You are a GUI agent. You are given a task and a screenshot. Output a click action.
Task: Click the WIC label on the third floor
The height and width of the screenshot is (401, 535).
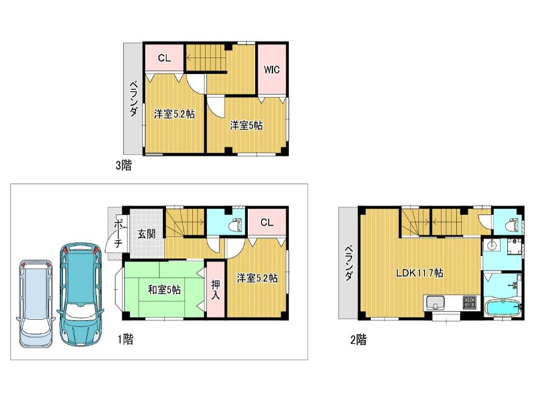tap(272, 70)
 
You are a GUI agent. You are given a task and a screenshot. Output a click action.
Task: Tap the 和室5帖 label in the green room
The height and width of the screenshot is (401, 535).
tap(164, 290)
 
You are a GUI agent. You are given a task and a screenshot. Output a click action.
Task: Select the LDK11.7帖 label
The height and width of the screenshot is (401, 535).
tap(419, 273)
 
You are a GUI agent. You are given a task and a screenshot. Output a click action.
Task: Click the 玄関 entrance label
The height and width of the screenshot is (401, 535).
tap(146, 233)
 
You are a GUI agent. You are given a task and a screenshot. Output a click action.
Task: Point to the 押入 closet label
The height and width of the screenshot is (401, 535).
tap(215, 289)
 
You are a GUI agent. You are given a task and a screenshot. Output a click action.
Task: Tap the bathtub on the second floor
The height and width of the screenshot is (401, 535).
tap(503, 308)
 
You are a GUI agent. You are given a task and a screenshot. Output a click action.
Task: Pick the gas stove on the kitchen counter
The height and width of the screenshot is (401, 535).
tap(469, 303)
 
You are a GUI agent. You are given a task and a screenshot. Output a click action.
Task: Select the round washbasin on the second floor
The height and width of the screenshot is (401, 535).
tap(492, 245)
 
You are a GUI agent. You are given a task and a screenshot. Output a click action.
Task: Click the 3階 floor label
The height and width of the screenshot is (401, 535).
tap(124, 166)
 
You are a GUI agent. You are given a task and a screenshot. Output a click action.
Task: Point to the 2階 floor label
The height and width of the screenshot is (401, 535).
tap(358, 340)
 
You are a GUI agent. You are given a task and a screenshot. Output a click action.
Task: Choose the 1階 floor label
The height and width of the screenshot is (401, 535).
tap(126, 340)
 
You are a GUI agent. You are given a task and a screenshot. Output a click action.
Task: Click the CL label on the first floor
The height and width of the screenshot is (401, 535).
tap(267, 223)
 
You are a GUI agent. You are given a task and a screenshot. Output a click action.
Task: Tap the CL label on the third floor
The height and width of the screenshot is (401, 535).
tap(164, 58)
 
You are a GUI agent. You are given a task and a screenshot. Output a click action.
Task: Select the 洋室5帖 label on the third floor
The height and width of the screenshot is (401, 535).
tap(246, 126)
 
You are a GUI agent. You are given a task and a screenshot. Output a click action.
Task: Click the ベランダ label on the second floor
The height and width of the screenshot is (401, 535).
tap(348, 263)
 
